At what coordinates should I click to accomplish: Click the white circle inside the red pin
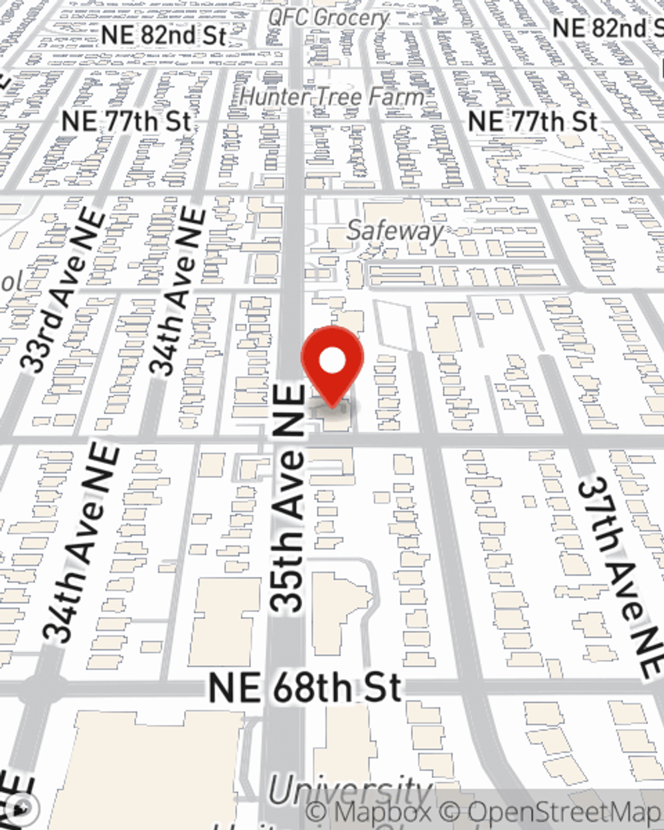(x=333, y=361)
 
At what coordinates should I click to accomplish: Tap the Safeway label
(x=395, y=231)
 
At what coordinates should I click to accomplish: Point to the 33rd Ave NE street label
(x=63, y=292)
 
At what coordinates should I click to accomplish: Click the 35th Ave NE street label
(x=289, y=498)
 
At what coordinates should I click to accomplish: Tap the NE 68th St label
(x=305, y=689)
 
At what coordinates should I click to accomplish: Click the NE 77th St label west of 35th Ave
(x=126, y=122)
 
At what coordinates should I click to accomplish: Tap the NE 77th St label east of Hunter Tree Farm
(x=533, y=122)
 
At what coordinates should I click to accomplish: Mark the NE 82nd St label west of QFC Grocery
(x=164, y=35)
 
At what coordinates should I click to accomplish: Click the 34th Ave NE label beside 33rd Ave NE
(x=176, y=292)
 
